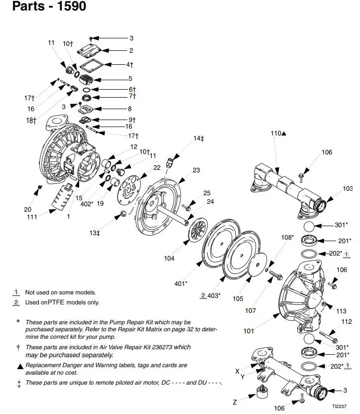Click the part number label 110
pos(276,134)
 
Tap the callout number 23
pos(196,170)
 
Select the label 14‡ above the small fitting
pos(199,138)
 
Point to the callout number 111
pos(32,217)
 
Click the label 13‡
pos(95,233)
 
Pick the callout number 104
pos(169,258)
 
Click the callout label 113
pos(341,311)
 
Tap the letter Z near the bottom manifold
pos(235,403)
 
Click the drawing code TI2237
pos(339,407)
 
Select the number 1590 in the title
pos(72,6)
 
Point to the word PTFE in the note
pos(56,302)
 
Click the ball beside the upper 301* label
pos(309,227)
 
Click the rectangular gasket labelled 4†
pos(91,65)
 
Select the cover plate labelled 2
pos(90,50)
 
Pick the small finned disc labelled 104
pos(198,229)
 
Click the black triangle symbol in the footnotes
pos(20,367)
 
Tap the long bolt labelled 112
pos(328,337)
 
